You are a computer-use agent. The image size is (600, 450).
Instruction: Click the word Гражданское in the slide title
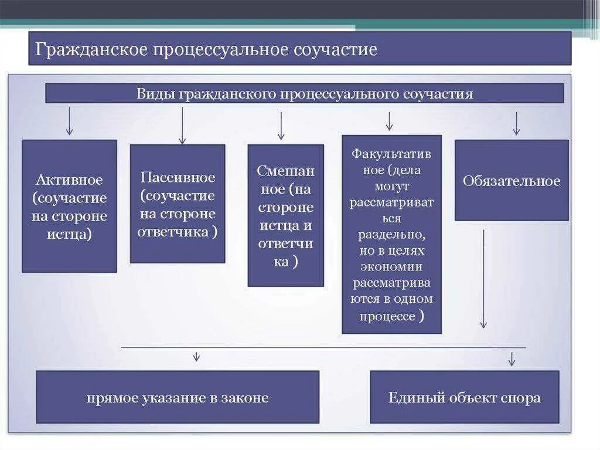point(91,49)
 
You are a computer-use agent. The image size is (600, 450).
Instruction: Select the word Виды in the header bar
point(156,94)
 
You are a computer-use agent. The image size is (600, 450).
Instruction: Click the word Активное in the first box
point(69,180)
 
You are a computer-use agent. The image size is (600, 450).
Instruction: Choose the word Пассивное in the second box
point(178,177)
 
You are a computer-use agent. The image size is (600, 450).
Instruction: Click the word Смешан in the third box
point(285,171)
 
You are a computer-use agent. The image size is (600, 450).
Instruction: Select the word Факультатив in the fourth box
point(391,154)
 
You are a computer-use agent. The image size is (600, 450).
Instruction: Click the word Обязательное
point(512,181)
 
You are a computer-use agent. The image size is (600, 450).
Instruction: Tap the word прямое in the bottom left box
point(111,398)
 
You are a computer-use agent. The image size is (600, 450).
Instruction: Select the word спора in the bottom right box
point(521,398)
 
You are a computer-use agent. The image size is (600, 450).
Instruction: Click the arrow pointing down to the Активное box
point(69,121)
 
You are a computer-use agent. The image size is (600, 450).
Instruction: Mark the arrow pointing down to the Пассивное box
point(182,125)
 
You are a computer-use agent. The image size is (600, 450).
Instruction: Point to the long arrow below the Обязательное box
point(483,279)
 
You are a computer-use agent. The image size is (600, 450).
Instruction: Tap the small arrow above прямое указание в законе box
point(196,356)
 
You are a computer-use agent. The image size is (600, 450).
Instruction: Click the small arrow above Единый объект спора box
point(512,358)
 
